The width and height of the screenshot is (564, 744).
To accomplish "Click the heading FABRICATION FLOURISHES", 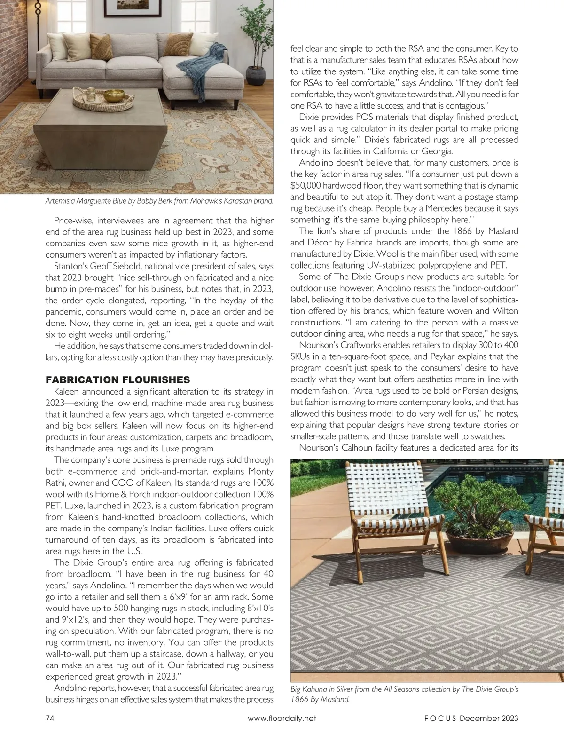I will click(117, 380).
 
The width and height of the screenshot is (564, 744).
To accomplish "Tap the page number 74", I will click(51, 718).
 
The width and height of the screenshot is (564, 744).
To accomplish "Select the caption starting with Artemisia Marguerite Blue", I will click(159, 201).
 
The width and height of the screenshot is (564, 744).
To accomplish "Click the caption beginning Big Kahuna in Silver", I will click(404, 694).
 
